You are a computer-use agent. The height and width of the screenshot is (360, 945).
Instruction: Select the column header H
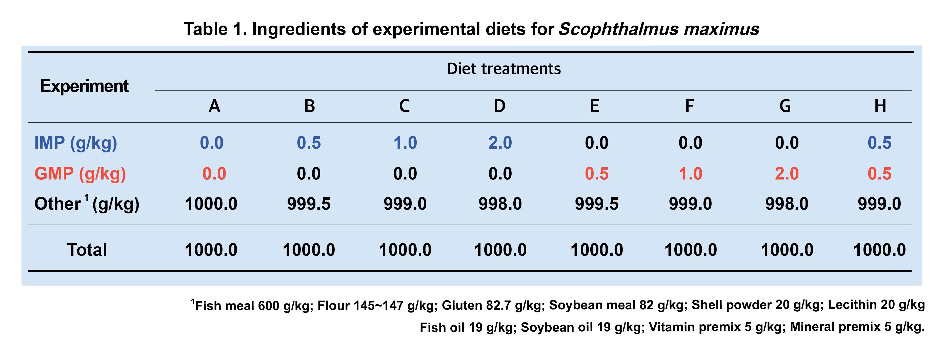coord(880,106)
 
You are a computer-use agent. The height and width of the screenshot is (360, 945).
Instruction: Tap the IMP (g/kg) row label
coord(76,143)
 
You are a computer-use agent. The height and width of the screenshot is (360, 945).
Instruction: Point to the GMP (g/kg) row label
coord(80,174)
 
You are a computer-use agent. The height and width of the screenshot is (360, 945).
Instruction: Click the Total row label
coord(87,250)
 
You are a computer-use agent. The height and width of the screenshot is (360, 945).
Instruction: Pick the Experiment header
coord(84,86)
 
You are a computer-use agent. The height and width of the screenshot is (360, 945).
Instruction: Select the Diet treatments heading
coord(504,69)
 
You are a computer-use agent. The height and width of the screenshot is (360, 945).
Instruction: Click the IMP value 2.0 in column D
coord(500,143)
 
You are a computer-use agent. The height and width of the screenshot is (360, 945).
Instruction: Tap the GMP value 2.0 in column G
coord(787,174)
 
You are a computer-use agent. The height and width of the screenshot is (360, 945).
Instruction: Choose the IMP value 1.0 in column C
coord(405,143)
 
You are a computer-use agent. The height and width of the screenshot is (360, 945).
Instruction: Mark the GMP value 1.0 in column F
coord(690,174)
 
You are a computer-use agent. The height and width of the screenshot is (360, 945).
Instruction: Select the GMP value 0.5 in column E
coord(596,174)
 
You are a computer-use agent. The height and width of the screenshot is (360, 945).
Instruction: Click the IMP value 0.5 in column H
coord(879,143)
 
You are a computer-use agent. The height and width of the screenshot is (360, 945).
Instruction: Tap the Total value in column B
coord(309,250)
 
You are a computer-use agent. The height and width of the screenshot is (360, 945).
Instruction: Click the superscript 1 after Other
coord(87,198)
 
